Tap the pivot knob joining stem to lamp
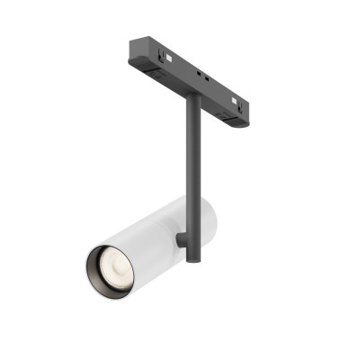tap(183, 240)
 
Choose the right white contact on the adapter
tap(237, 100)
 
